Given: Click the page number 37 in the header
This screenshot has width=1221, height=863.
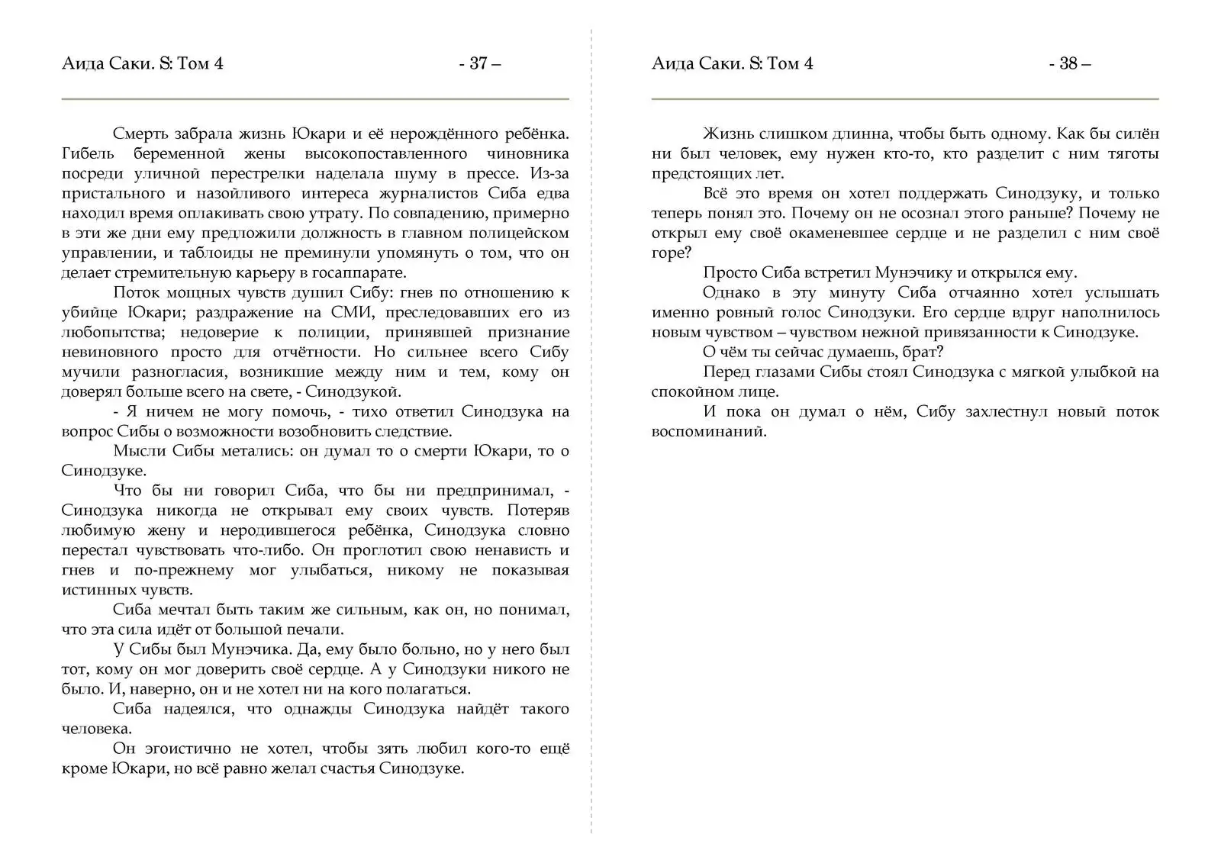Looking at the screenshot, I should click(478, 63).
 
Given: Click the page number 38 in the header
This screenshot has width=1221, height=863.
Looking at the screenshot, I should click(1068, 63).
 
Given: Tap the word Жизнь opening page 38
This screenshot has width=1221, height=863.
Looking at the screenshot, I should click(727, 134).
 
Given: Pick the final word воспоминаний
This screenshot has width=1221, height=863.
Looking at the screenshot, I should click(708, 432).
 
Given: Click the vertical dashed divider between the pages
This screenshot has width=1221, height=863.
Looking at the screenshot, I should click(591, 458).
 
